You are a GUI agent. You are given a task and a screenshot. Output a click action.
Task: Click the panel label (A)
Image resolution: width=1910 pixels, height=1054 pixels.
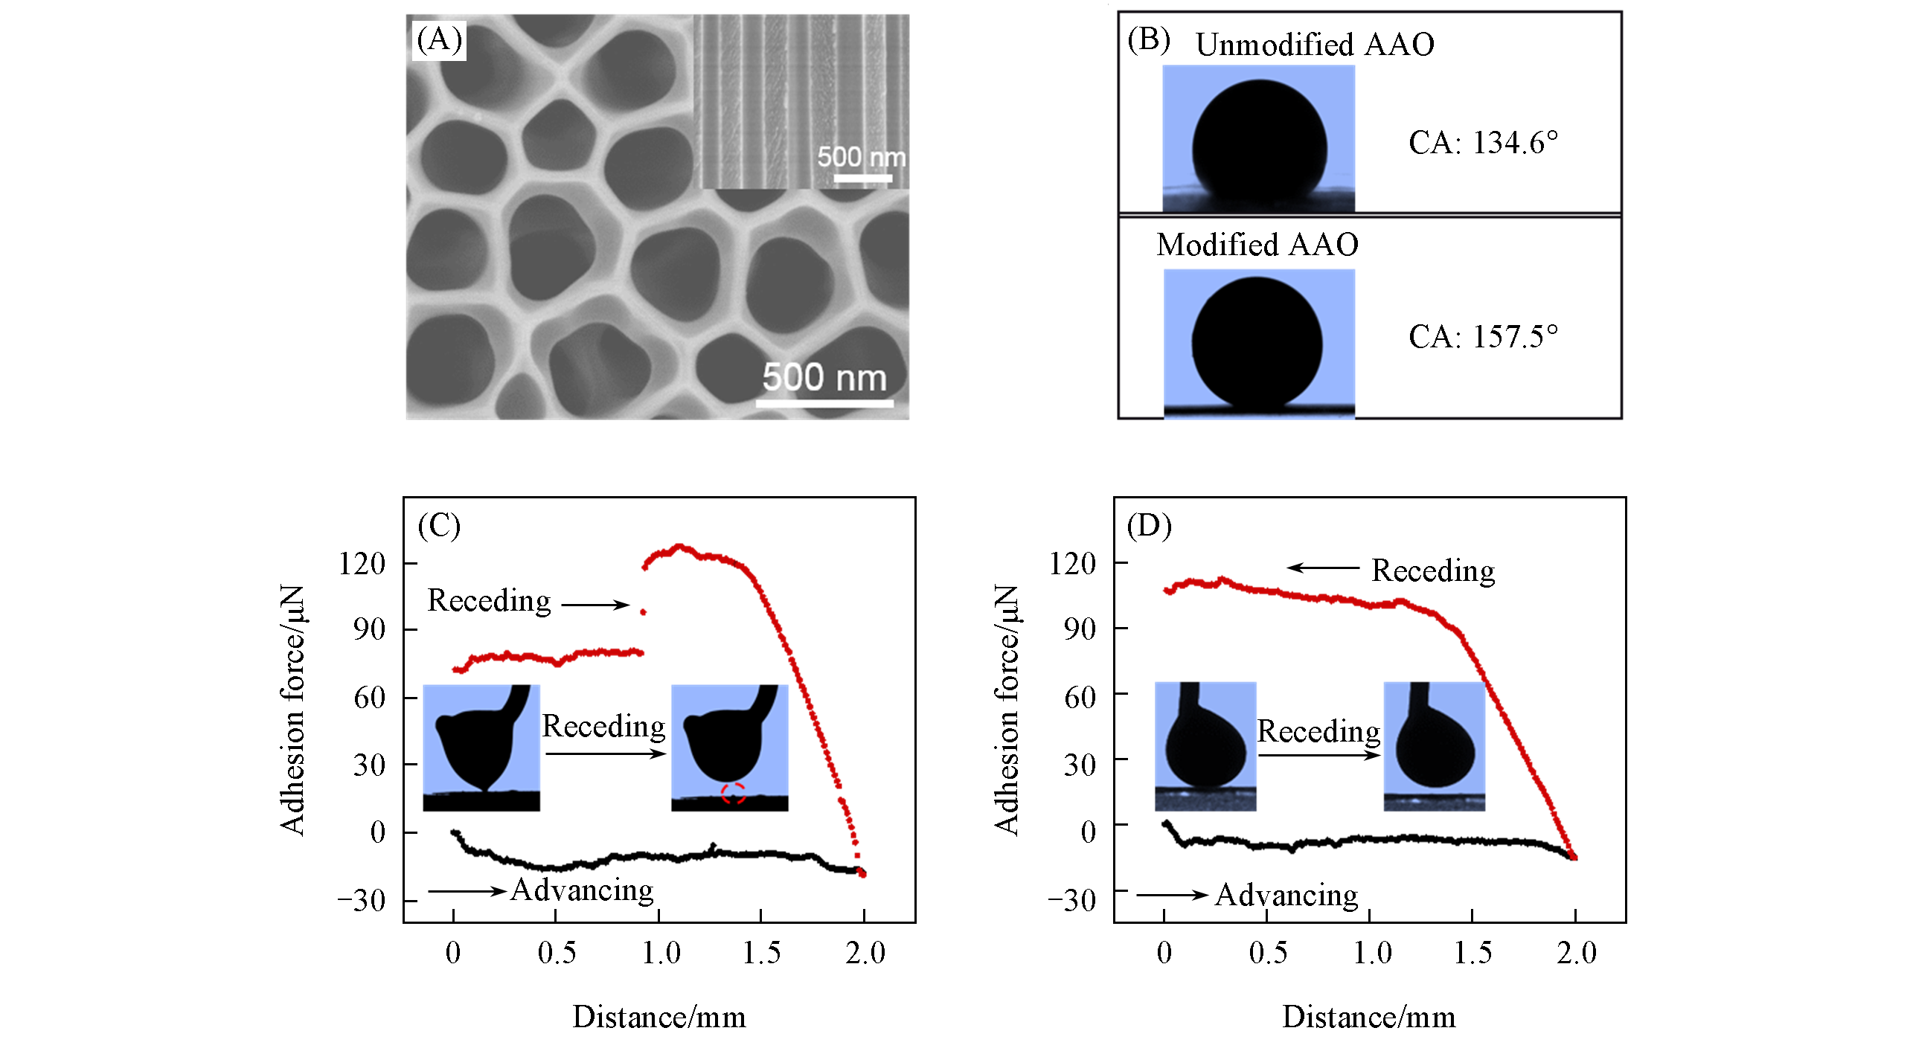tap(439, 39)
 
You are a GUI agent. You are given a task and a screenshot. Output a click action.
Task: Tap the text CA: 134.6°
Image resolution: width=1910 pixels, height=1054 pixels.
tap(1482, 143)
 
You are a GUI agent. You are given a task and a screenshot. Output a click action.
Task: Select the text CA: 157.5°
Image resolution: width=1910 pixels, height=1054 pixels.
tap(1482, 336)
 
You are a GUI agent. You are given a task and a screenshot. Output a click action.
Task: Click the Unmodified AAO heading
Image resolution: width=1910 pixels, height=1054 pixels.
tap(1315, 45)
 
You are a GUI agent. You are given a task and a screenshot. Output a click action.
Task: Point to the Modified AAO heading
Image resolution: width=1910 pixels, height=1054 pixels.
tap(1257, 245)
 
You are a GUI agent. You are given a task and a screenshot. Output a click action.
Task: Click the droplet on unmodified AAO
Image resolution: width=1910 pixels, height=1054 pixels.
tap(1259, 145)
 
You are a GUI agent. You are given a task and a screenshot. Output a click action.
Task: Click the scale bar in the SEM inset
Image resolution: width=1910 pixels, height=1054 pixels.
tap(862, 179)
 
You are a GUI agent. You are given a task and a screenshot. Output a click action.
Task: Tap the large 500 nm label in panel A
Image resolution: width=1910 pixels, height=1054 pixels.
tap(824, 377)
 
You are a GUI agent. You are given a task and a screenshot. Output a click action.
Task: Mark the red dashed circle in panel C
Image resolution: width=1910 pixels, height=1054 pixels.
tap(733, 793)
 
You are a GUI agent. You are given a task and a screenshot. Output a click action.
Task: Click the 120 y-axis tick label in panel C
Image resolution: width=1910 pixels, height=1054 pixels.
tap(362, 564)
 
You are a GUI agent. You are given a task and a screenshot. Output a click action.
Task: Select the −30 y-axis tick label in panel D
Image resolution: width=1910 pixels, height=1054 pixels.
tap(1072, 901)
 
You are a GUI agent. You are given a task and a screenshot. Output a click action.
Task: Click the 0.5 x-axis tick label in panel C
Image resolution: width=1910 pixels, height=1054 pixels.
tap(557, 953)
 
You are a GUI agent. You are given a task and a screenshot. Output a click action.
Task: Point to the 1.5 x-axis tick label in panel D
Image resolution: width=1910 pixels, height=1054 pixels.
tap(1472, 953)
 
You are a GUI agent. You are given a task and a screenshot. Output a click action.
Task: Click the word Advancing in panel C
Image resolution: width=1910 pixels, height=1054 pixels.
tap(582, 890)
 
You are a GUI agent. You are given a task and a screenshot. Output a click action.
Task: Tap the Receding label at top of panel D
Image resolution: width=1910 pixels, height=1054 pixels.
tap(1433, 571)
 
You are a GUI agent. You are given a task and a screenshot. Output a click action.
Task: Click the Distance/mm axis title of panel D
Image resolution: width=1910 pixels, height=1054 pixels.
tap(1369, 1017)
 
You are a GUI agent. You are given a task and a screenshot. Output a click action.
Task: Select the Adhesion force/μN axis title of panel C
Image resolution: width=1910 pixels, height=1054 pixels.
tap(292, 710)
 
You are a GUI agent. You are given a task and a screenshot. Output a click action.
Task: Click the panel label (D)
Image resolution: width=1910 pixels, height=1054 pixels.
tap(1149, 526)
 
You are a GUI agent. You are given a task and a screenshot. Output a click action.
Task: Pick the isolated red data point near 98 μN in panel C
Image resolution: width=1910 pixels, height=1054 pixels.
tap(643, 612)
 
